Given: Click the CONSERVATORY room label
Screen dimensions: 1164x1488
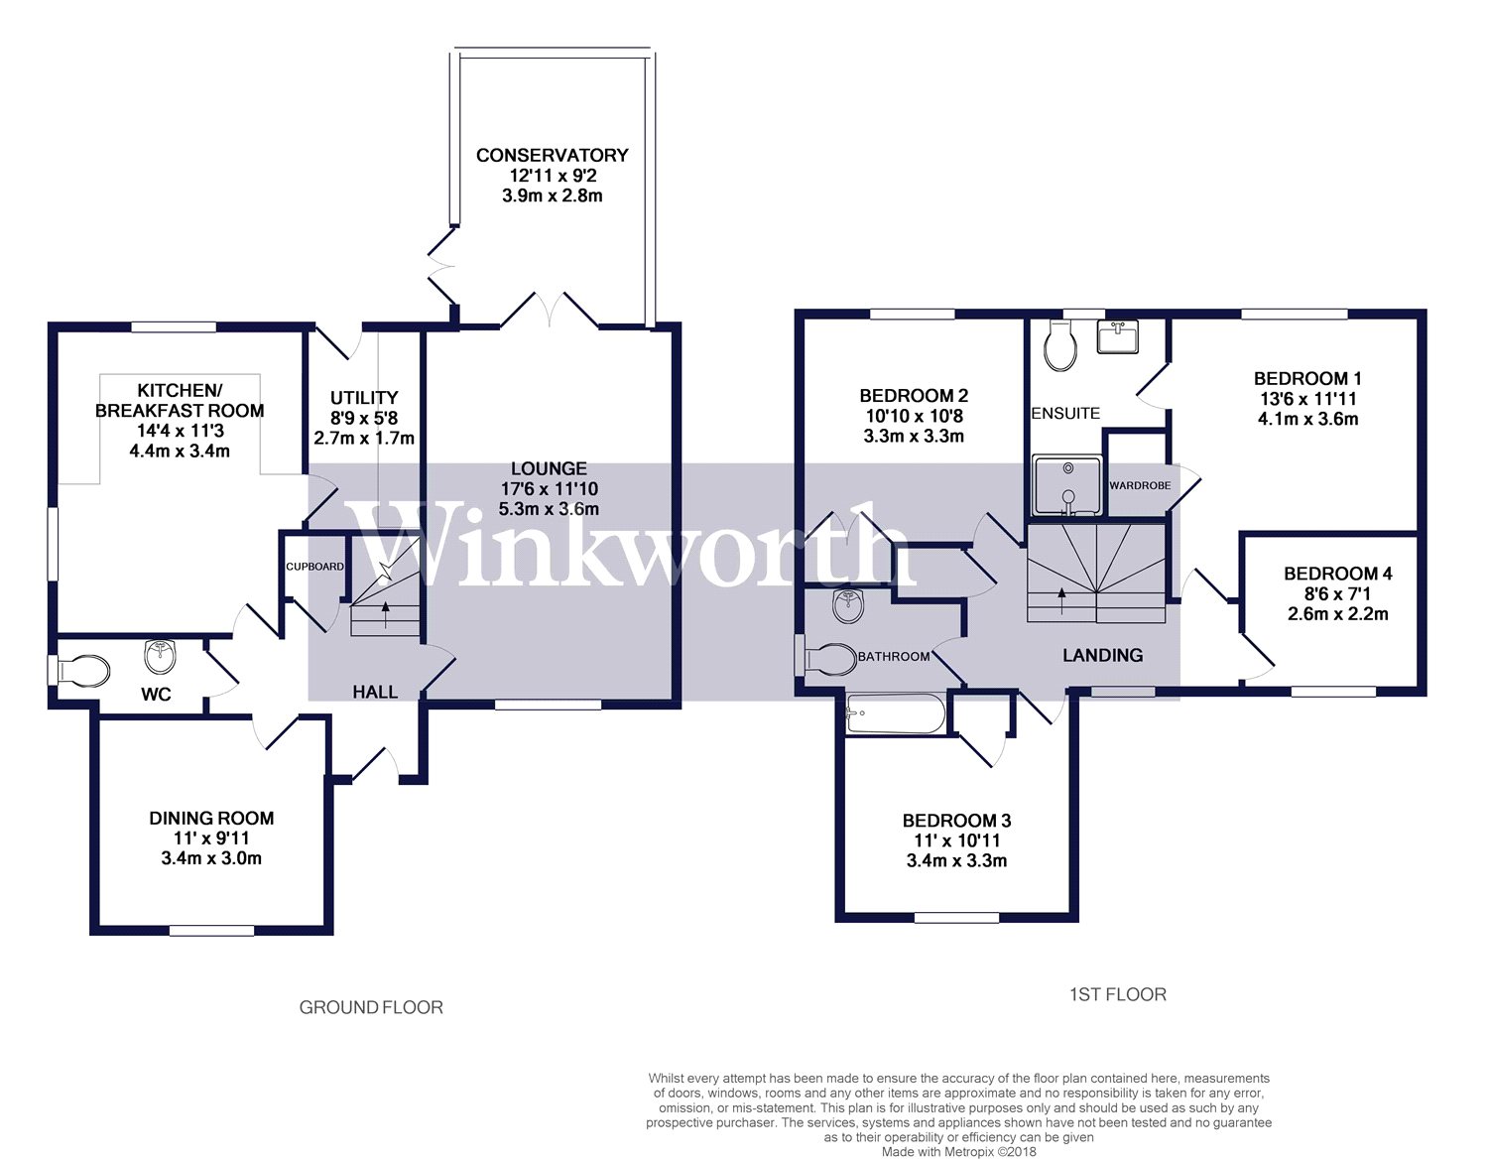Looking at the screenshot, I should click(552, 155).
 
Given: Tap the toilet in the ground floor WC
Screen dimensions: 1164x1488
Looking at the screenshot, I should click(81, 671).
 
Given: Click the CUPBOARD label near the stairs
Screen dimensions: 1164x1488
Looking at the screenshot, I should click(314, 567).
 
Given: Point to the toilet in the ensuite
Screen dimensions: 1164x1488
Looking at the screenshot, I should click(1060, 348).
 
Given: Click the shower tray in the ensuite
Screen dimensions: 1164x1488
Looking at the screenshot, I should click(1067, 485).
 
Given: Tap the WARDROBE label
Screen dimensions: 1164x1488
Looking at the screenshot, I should click(1139, 485).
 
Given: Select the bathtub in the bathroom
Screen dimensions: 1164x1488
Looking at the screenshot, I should click(895, 714).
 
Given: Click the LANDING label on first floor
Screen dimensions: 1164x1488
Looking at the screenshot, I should click(1102, 655).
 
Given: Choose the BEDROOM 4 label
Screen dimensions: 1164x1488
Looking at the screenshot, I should click(1337, 574).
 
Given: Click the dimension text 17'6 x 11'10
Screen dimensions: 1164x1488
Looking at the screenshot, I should click(549, 489).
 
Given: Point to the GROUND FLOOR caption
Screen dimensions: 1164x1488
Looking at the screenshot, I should click(371, 1007).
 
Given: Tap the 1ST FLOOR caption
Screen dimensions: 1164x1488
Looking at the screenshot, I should click(1117, 994).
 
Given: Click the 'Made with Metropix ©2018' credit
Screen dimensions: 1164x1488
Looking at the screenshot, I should click(958, 1152).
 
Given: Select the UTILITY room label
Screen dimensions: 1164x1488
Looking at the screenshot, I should click(364, 397).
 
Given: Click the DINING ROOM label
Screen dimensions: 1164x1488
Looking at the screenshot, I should click(211, 818).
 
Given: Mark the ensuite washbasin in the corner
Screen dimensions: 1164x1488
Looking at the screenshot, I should click(1118, 336).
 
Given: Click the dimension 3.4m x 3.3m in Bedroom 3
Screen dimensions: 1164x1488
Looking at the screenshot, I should click(956, 860).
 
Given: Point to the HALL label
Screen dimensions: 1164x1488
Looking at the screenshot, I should click(375, 692).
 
